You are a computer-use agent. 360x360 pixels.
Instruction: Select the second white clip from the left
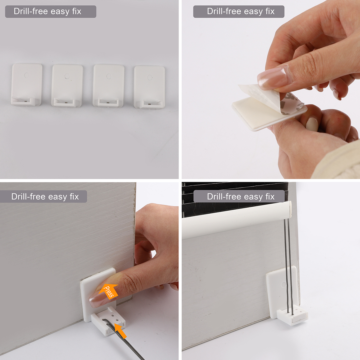click(x=67, y=86)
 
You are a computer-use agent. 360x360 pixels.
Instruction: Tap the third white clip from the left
click(x=108, y=86)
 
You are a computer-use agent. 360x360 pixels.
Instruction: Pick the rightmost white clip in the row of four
click(x=149, y=87)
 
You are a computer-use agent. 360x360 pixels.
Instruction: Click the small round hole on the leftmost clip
click(x=26, y=75)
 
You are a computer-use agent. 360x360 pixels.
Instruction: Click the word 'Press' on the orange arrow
click(x=109, y=292)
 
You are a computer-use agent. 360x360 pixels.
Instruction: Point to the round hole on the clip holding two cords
click(x=283, y=283)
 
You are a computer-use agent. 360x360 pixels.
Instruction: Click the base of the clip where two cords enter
click(x=292, y=316)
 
